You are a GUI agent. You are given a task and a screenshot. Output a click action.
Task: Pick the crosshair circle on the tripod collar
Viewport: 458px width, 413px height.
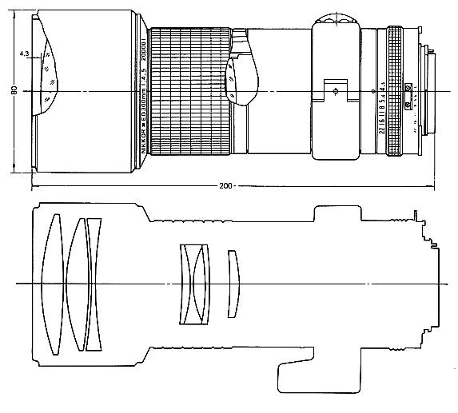(335, 91)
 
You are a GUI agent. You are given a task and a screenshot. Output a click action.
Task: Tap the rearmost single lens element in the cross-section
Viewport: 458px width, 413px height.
(233, 284)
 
